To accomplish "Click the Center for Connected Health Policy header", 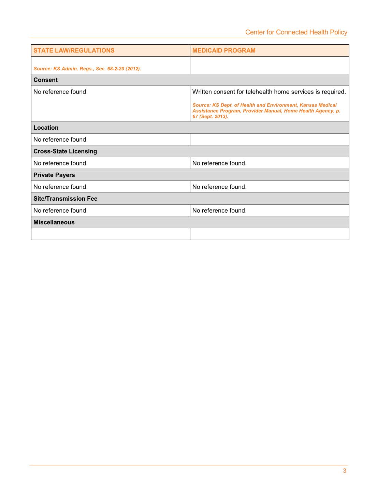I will pyautogui.click(x=296, y=32).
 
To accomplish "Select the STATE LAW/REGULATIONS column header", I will pyautogui.click(x=74, y=51).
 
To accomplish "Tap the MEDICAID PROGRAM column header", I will pyautogui.click(x=224, y=51).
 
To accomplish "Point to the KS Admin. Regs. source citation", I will pyautogui.click(x=87, y=69).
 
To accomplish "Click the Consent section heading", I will pyautogui.click(x=45, y=80).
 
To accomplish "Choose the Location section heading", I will pyautogui.click(x=46, y=128).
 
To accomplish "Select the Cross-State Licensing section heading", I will pyautogui.click(x=65, y=151).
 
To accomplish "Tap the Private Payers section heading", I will pyautogui.click(x=54, y=175).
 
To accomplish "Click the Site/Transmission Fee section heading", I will pyautogui.click(x=65, y=199).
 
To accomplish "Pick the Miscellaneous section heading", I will pyautogui.click(x=54, y=222).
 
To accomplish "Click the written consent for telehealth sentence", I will pyautogui.click(x=269, y=92).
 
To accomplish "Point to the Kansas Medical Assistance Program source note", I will pyautogui.click(x=266, y=111).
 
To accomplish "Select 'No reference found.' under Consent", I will pyautogui.click(x=60, y=92).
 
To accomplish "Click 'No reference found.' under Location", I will pyautogui.click(x=60, y=140).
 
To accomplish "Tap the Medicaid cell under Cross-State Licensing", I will pyautogui.click(x=219, y=163).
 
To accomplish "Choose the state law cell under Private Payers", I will pyautogui.click(x=60, y=187).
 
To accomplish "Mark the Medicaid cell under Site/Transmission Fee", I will pyautogui.click(x=219, y=211).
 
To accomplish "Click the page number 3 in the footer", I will pyautogui.click(x=345, y=471).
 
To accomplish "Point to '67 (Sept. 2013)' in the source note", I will pyautogui.click(x=210, y=116).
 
